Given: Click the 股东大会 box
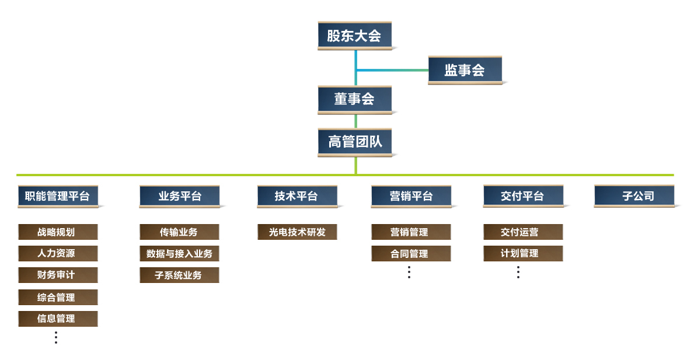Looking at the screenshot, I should point(354,36).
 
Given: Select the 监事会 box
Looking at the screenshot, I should point(465,71).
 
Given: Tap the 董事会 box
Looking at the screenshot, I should point(354,99).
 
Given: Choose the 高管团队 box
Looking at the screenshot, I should point(354,142).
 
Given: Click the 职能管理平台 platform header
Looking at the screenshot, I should point(58,196).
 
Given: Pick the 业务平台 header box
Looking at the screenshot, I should point(179,196).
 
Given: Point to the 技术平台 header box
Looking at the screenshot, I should point(297,196).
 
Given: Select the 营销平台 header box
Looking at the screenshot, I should point(411,196).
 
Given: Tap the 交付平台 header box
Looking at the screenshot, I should point(523,196).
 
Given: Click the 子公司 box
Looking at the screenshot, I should point(634,196).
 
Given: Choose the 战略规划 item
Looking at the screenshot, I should point(58,232).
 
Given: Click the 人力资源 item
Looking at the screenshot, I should point(58,254).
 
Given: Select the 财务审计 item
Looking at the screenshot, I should point(58,275).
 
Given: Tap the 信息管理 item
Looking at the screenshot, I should point(58,319).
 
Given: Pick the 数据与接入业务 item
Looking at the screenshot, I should point(179,254).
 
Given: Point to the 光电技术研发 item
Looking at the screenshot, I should point(297,232).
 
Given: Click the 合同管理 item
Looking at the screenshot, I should point(411,254).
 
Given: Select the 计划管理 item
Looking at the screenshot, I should point(523,254).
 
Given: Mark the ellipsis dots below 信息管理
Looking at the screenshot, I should point(56,337).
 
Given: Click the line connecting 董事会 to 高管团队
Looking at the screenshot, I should point(355,121).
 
